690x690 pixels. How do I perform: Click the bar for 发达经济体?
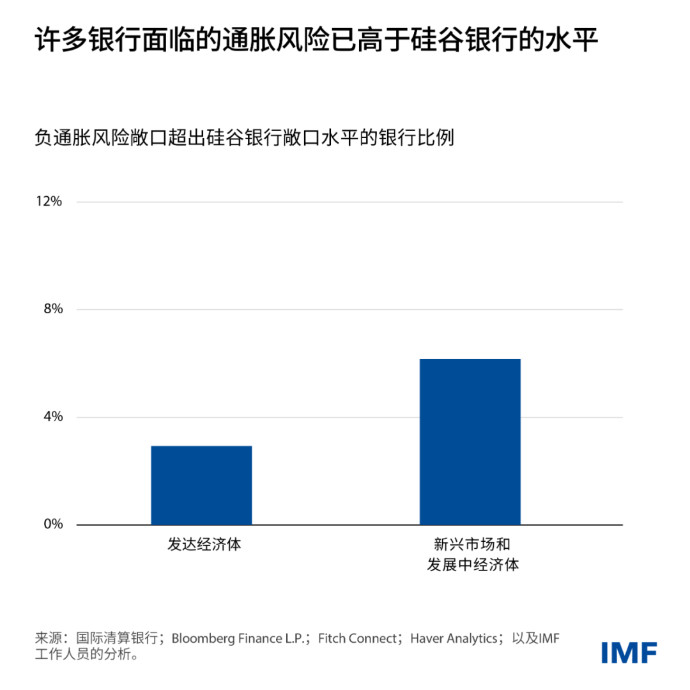(201, 486)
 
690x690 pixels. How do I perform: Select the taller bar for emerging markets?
(470, 442)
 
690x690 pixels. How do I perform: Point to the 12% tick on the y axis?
(50, 202)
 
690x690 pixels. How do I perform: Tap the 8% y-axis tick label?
(52, 309)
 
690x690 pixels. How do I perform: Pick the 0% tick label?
(52, 525)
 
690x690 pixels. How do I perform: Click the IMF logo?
(629, 652)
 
